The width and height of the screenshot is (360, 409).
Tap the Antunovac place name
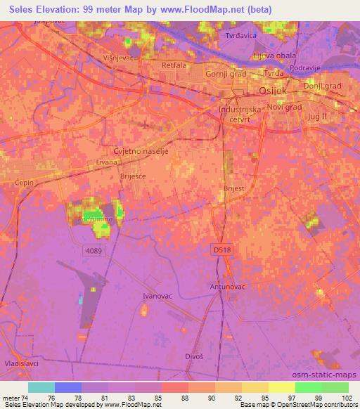point(226,287)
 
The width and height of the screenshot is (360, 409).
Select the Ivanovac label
point(157,297)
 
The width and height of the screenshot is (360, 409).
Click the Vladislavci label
point(21,363)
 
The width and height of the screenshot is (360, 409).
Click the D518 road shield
point(221,249)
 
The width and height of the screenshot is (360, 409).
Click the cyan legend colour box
point(41,387)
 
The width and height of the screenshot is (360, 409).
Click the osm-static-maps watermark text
point(330,377)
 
